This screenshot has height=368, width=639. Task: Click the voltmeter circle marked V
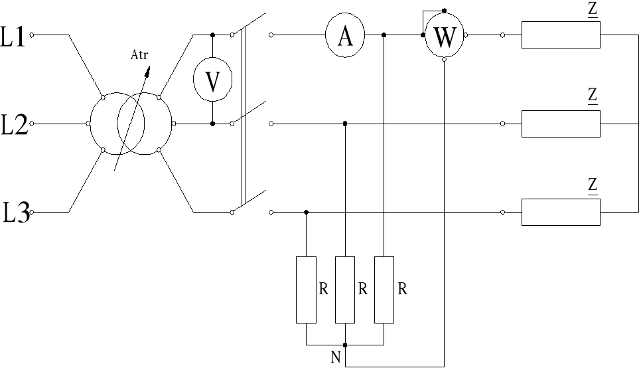tap(212, 80)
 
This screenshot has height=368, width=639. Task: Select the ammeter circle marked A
tap(345, 36)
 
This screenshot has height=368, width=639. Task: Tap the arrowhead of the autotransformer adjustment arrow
tap(147, 69)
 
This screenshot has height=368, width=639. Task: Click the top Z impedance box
tap(561, 35)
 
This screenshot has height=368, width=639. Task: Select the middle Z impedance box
tap(561, 124)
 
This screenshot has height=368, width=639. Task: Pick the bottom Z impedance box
tap(561, 212)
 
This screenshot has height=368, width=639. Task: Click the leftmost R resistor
tap(306, 290)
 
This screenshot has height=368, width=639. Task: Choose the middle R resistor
tap(345, 290)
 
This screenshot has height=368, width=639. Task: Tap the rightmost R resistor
tap(384, 290)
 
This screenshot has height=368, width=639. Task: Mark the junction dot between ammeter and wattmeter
tap(384, 35)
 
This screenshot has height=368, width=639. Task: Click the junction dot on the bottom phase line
tap(306, 212)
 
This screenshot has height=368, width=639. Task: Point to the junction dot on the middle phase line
tap(345, 124)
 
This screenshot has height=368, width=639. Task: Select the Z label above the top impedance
tap(593, 10)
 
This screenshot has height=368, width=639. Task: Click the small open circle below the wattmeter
tap(444, 59)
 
